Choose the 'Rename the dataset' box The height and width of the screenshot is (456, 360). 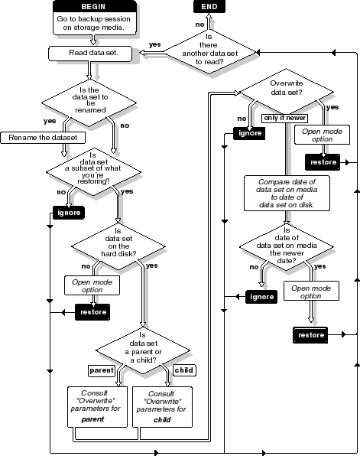tap(43, 138)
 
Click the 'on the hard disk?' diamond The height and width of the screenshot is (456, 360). tap(118, 246)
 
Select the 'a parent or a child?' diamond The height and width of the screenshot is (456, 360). tap(142, 350)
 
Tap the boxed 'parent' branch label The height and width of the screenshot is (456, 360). tap(102, 370)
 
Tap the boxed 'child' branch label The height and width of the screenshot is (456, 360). tap(184, 370)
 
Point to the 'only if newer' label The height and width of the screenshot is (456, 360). tap(282, 119)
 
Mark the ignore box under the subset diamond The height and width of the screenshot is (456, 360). tap(67, 213)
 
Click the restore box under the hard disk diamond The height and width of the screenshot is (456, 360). tap(92, 312)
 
